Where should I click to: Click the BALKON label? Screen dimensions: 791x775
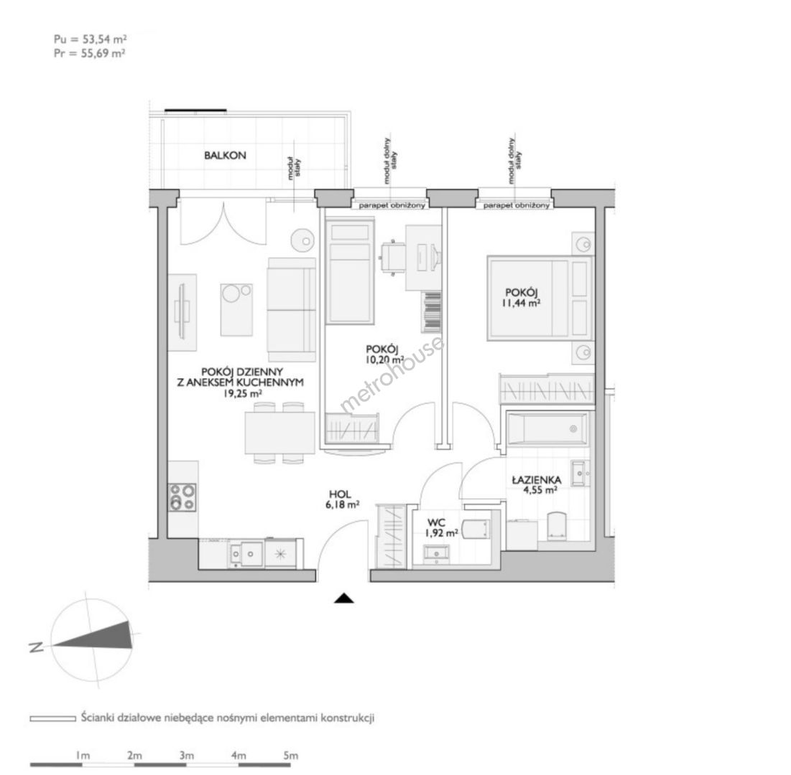tap(225, 156)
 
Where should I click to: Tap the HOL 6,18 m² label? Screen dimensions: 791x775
tap(342, 499)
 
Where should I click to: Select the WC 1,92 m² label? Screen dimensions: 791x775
tap(441, 528)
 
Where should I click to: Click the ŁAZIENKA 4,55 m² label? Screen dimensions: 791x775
tap(536, 485)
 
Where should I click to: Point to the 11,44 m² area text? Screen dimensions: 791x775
tap(521, 303)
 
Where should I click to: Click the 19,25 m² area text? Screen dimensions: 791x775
tap(243, 393)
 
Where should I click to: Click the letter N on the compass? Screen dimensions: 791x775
tap(37, 647)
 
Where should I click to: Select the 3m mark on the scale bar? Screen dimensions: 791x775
tap(187, 756)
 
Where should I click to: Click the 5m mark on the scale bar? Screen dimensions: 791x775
tap(290, 756)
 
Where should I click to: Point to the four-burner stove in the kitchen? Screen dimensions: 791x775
tap(182, 497)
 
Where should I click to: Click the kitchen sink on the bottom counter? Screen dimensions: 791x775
tap(246, 554)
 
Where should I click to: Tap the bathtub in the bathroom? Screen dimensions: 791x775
tap(547, 429)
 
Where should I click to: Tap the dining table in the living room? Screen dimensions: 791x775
tap(280, 433)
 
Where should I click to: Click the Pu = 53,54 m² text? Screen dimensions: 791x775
tap(91, 39)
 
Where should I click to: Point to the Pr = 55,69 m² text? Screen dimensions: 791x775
tap(90, 53)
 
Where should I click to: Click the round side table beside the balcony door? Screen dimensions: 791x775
tap(303, 240)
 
